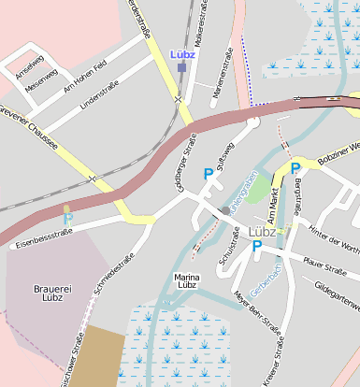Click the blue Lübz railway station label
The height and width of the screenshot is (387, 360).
coord(182,54)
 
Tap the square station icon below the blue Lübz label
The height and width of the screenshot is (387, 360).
coord(182,67)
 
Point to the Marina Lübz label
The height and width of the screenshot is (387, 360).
coord(194,281)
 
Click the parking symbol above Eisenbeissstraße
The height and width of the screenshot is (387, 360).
coord(68,219)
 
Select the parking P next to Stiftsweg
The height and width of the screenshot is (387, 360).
coord(208,173)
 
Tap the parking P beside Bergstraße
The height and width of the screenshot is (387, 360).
coord(295,168)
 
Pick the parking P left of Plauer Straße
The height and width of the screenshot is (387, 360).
coord(256,246)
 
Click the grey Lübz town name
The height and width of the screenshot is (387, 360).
coord(263,232)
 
